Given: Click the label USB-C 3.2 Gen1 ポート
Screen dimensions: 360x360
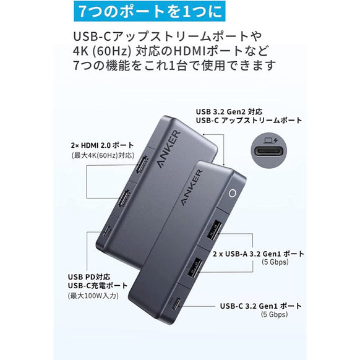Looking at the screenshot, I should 260,306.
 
